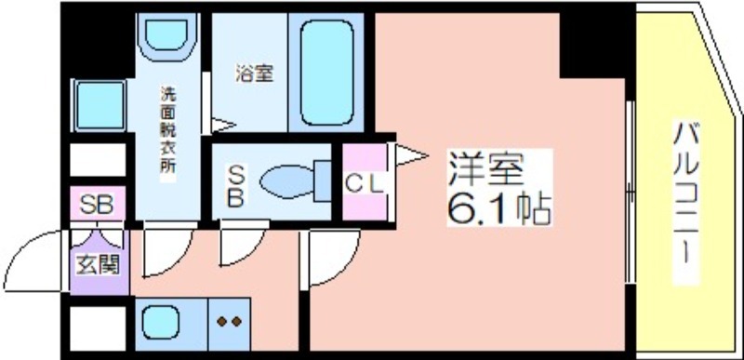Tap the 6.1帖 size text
pos(498,208)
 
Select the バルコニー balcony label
pos(686,202)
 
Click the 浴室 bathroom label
pos(254,73)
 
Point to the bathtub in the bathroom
pos(326,73)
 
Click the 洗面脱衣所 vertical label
pos(167,135)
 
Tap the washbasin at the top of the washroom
pos(166,37)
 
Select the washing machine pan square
pos(100,105)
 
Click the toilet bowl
pos(295,181)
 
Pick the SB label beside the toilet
pos(235,186)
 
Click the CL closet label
pos(364,184)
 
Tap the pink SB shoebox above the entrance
pos(98,204)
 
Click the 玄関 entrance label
pos(98,266)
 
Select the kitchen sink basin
pos(161,322)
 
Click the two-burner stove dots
pos(229,322)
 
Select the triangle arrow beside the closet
pos(412,155)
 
